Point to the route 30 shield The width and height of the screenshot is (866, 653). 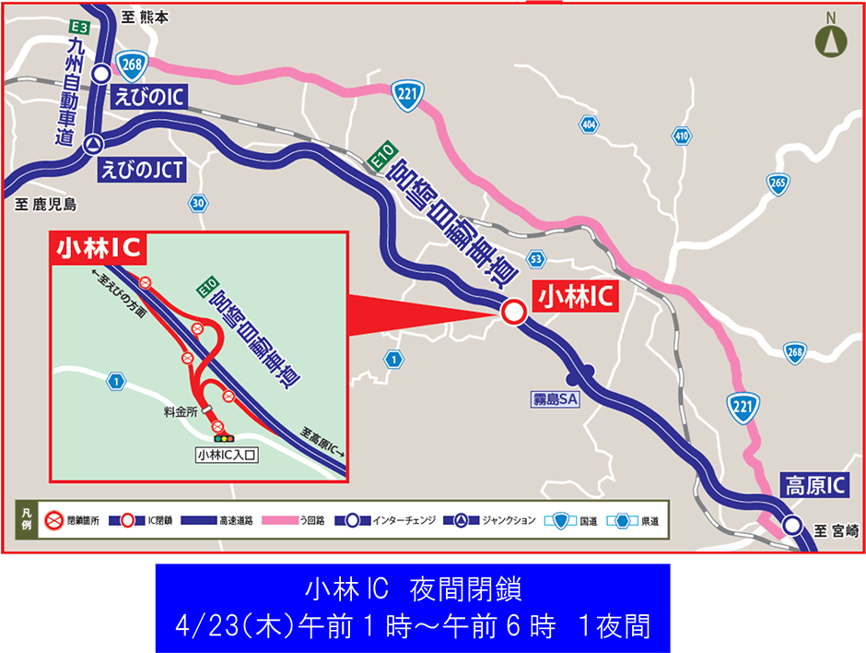pos(198,202)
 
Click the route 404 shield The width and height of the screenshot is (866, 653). pos(589,123)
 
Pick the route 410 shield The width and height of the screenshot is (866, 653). pos(681,137)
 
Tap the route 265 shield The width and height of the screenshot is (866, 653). pos(778,183)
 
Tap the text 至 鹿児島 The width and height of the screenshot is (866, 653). pos(46,204)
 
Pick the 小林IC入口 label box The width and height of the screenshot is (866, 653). pos(226,454)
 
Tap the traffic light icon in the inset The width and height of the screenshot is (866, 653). pos(225,437)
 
